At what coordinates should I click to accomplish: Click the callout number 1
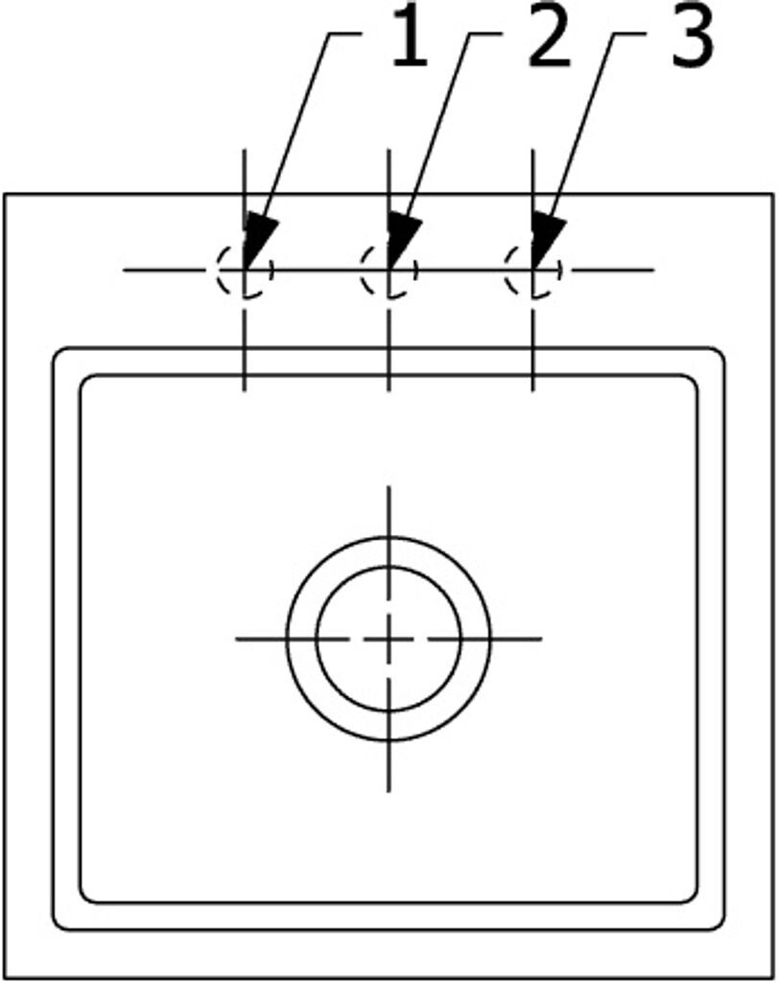click(410, 41)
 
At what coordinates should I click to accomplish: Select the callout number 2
click(549, 41)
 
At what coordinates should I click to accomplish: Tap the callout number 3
click(691, 41)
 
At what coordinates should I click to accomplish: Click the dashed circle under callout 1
click(244, 270)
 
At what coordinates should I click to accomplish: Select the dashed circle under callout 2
click(388, 270)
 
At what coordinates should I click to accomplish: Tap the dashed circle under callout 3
click(532, 270)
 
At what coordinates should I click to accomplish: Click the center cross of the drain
click(388, 639)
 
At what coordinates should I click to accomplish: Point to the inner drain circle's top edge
click(388, 567)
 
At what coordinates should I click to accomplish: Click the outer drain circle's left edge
click(287, 639)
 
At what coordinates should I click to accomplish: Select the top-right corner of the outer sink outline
click(772, 195)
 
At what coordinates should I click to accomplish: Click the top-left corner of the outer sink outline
click(5, 195)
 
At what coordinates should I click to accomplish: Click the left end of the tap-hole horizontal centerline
click(125, 270)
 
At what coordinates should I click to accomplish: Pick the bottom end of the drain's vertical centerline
click(388, 790)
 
